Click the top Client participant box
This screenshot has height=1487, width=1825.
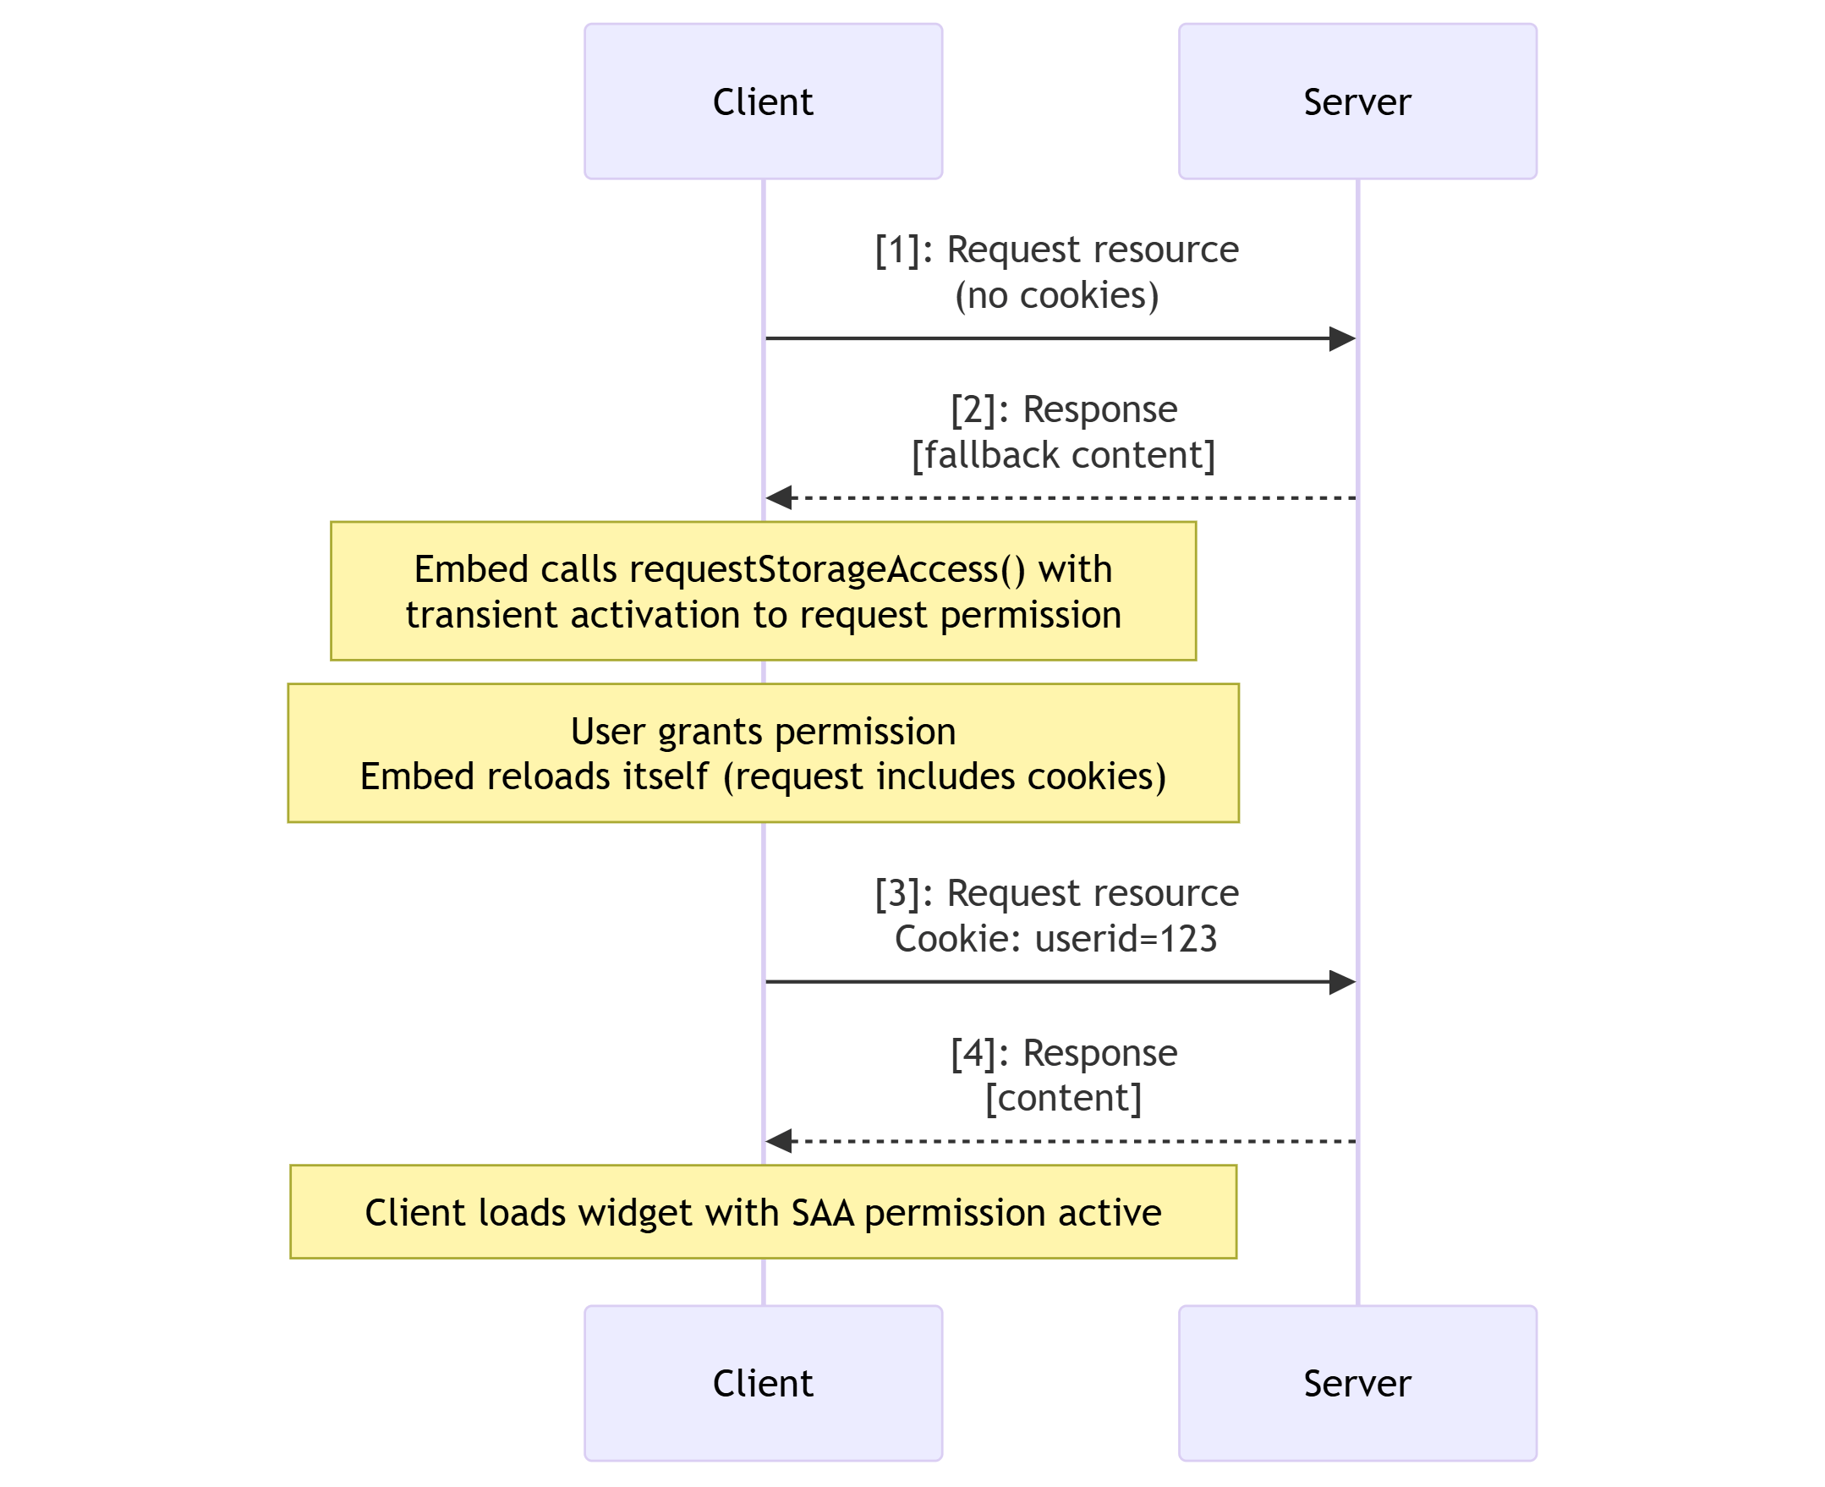tap(762, 101)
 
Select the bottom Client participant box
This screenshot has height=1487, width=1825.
tap(762, 1382)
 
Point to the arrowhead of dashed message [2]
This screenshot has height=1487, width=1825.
tap(779, 497)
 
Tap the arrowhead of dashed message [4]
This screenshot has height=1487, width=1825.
tap(779, 1141)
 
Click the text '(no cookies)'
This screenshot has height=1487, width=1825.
tap(1056, 295)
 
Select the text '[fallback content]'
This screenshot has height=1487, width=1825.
tap(1063, 455)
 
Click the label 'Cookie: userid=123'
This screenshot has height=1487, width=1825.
tap(1055, 939)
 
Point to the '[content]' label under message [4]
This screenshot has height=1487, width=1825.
tap(1063, 1098)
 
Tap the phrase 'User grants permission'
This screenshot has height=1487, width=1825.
tap(762, 732)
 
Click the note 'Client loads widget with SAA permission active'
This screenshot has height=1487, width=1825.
tap(762, 1212)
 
